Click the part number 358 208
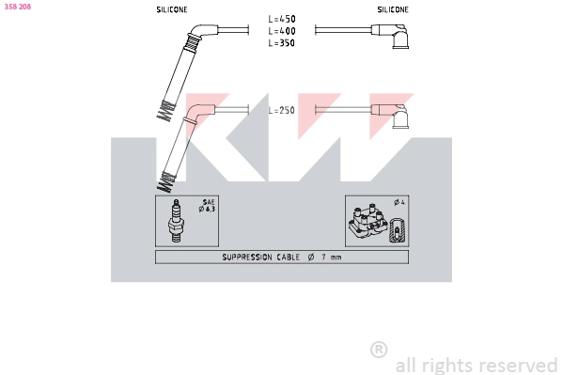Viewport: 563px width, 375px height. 18,7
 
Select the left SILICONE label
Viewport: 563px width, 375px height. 172,9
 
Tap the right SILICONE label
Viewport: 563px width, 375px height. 393,9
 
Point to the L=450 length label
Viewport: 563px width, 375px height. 282,19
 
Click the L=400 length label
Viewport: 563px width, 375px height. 282,31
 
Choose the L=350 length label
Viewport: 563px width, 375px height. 282,42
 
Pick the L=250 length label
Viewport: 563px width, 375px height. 282,110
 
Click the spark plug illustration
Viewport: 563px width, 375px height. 175,221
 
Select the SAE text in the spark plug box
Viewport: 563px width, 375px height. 209,202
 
